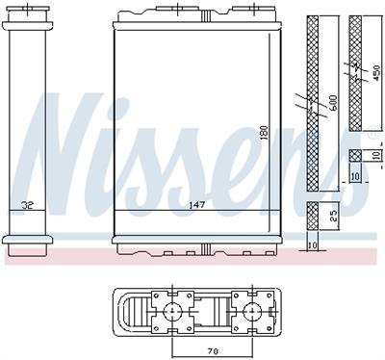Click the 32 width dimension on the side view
click(28, 205)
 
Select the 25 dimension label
click(333, 217)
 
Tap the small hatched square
click(355, 155)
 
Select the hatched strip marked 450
click(354, 77)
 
